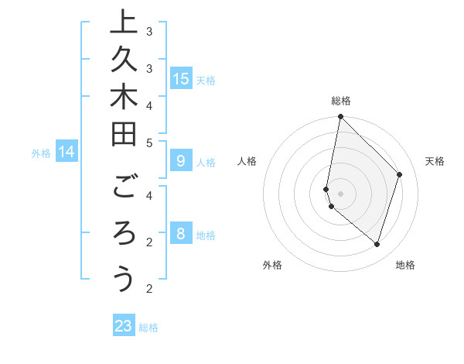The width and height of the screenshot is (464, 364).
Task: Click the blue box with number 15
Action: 180,78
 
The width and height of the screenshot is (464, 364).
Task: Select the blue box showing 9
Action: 180,161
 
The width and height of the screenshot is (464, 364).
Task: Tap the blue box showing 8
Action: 180,234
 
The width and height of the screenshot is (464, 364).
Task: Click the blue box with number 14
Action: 67,153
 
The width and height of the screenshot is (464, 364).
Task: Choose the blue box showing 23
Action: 124,326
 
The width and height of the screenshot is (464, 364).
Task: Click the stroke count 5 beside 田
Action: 149,143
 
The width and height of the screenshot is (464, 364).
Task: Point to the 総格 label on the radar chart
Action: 341,101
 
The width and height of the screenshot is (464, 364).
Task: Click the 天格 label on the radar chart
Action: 435,161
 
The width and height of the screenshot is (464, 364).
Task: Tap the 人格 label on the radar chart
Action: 247,161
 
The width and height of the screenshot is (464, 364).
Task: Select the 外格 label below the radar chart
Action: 272,265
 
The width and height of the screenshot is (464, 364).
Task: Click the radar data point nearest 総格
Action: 341,117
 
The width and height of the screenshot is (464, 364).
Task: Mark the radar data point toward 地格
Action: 377,245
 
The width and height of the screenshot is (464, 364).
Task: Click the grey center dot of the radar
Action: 341,193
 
